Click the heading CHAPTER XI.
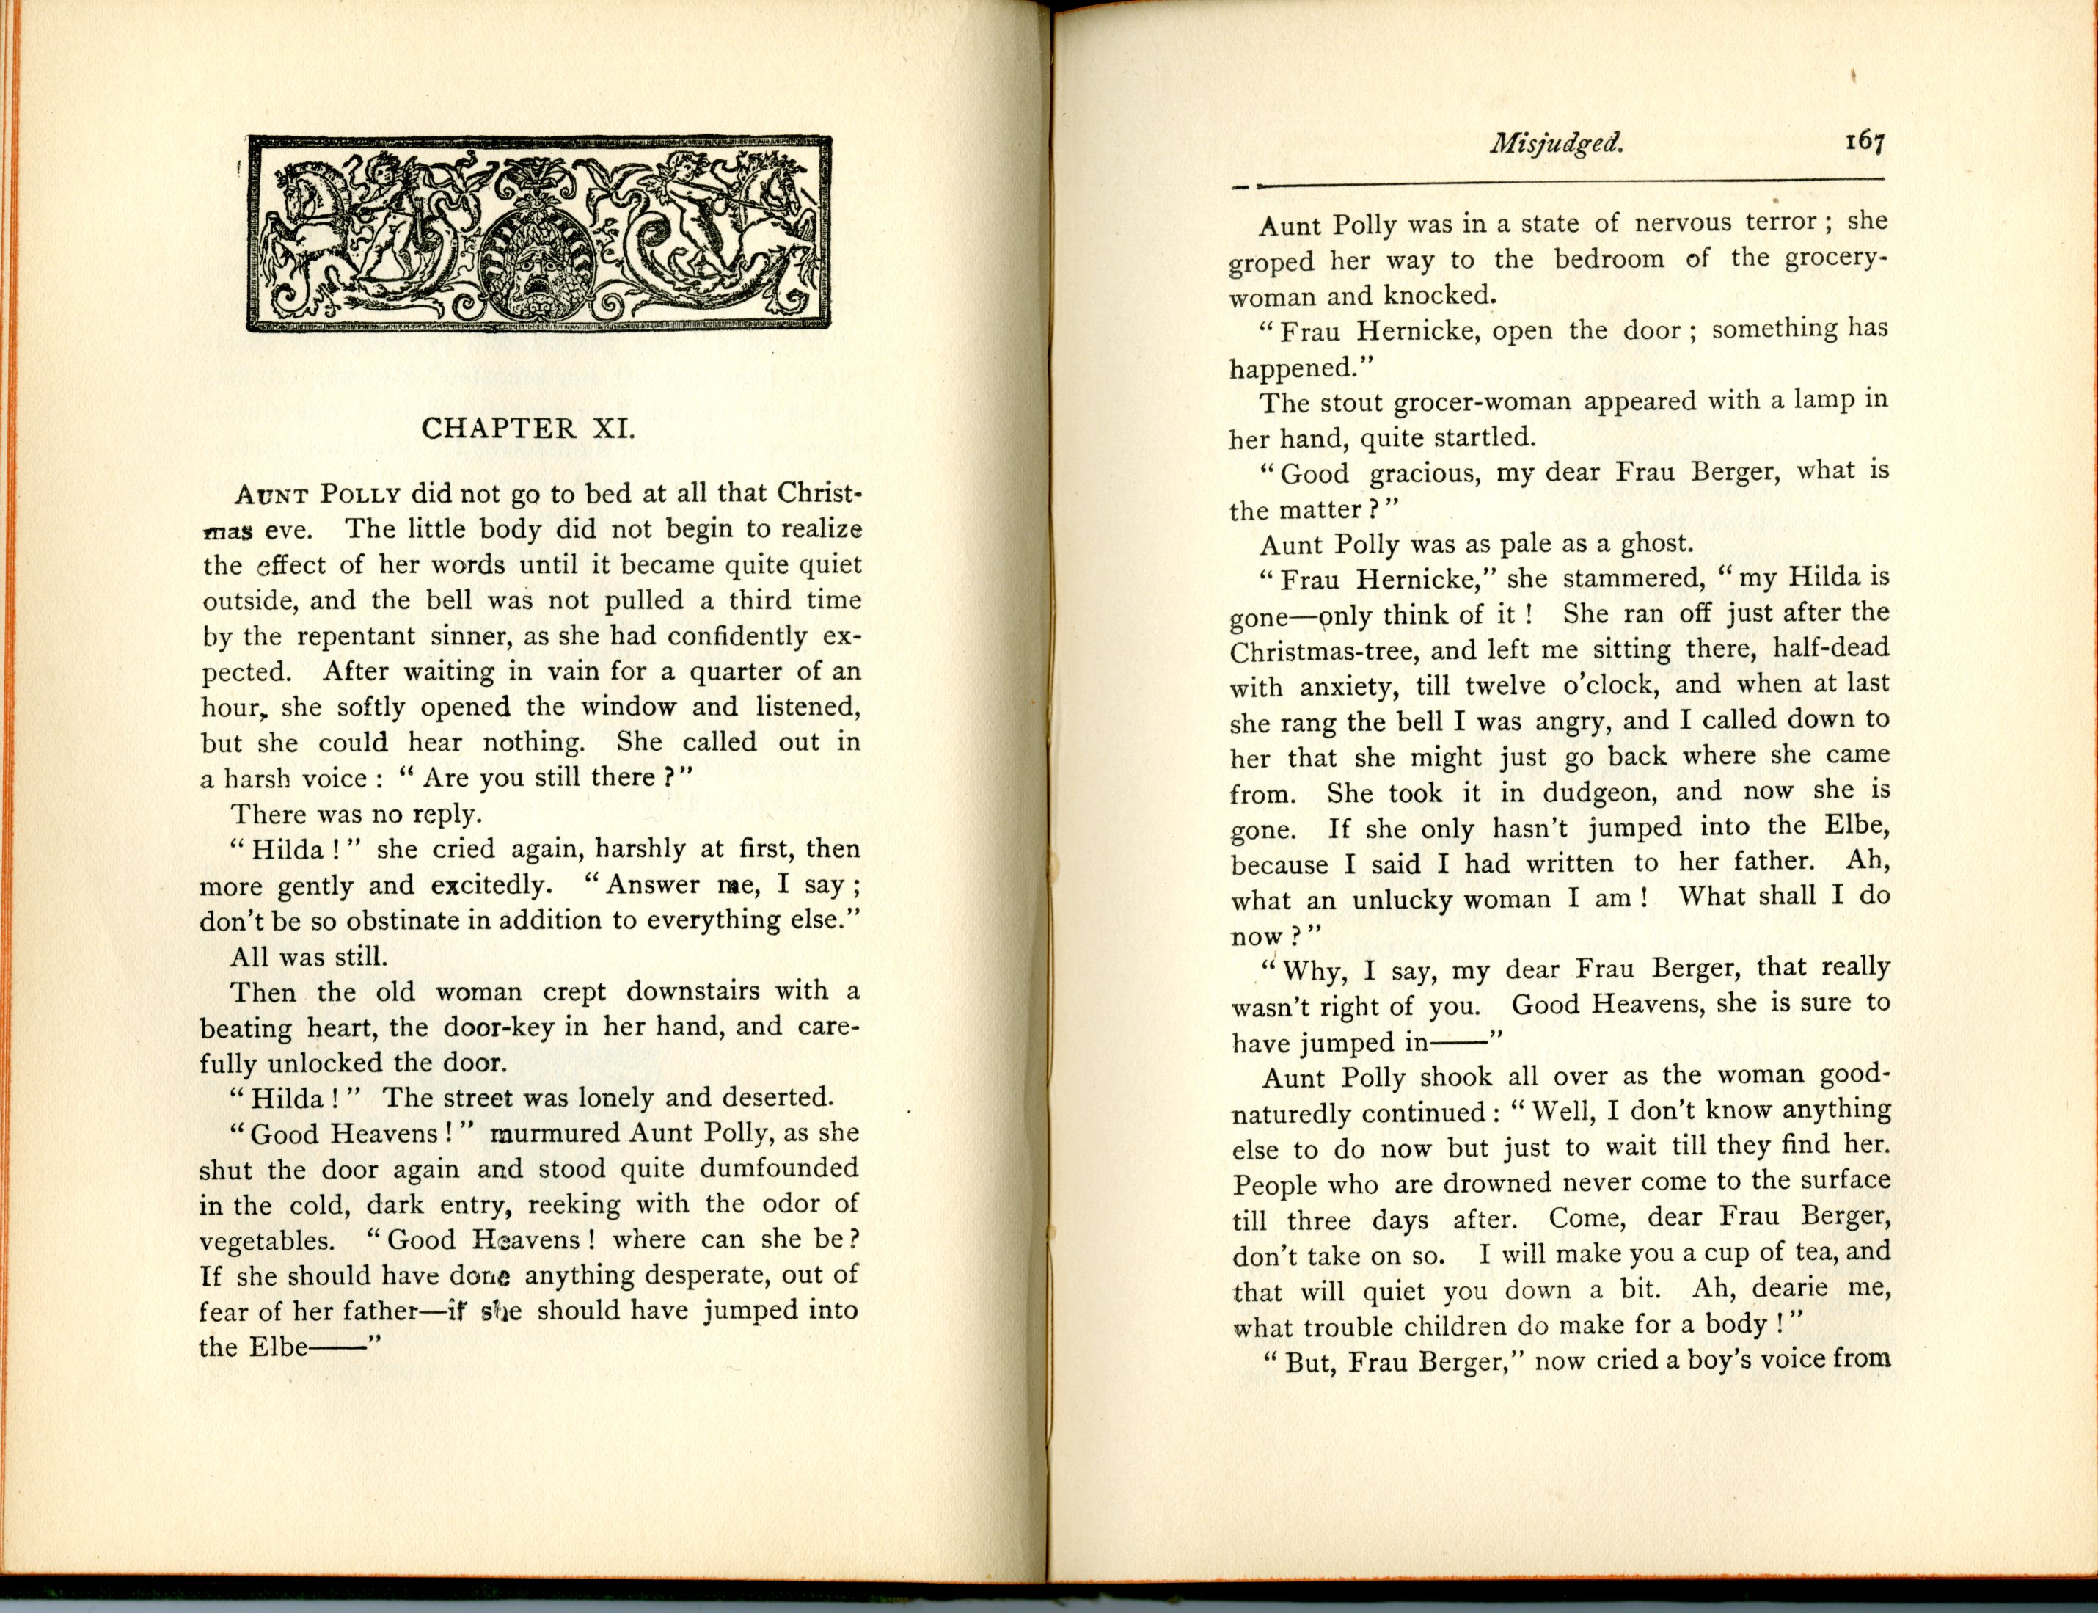tap(528, 429)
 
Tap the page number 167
tap(1863, 141)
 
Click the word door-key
tap(498, 1027)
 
